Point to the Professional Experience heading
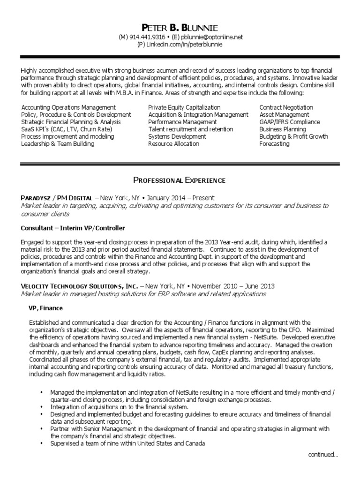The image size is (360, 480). (x=180, y=180)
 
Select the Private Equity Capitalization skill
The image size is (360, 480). (x=184, y=107)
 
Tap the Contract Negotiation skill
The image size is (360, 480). (x=286, y=107)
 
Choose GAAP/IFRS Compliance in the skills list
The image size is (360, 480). (x=290, y=122)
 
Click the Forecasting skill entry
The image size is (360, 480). (x=274, y=143)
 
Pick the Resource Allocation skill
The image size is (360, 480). (x=173, y=143)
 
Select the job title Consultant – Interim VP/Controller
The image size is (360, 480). (x=73, y=228)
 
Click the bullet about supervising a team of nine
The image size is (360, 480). (x=127, y=443)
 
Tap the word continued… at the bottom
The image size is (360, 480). (x=323, y=454)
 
